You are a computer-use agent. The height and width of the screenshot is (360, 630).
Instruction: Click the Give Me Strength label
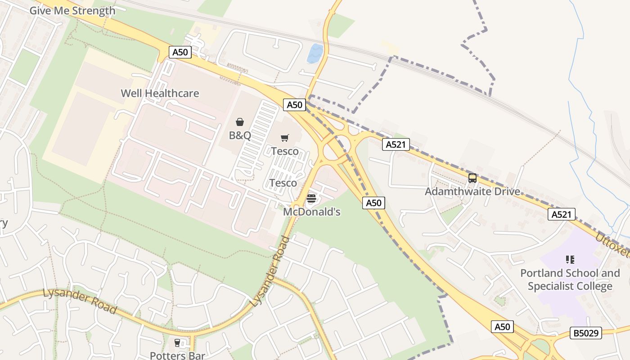(x=72, y=11)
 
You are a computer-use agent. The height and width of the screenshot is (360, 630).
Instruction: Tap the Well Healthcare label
(x=160, y=94)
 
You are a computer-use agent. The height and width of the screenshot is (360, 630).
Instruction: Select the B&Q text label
(x=240, y=135)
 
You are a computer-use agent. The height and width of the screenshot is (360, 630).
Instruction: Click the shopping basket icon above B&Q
(x=240, y=122)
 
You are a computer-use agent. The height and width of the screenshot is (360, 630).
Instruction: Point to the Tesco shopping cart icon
(x=284, y=138)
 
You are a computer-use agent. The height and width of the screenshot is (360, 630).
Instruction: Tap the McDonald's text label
(x=311, y=211)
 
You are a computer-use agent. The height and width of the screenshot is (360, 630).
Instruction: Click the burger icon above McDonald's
(x=311, y=198)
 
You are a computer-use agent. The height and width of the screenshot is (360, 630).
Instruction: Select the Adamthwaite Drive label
(x=472, y=192)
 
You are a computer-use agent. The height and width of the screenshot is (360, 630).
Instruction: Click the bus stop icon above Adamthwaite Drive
(x=472, y=178)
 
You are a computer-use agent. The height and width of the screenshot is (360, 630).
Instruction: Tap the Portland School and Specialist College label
(x=570, y=279)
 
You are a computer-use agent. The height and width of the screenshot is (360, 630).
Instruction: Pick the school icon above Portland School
(x=570, y=260)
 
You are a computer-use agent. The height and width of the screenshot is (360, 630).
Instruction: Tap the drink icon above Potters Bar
(x=177, y=343)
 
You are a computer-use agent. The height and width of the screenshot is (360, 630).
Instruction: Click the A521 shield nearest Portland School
(x=562, y=214)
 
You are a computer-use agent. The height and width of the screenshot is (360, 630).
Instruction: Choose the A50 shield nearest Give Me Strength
(x=180, y=52)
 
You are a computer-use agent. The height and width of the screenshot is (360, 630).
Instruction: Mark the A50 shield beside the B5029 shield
(x=502, y=327)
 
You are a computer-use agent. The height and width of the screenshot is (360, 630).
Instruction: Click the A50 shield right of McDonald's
(x=373, y=203)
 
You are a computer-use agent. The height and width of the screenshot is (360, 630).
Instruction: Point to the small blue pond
(x=315, y=54)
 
